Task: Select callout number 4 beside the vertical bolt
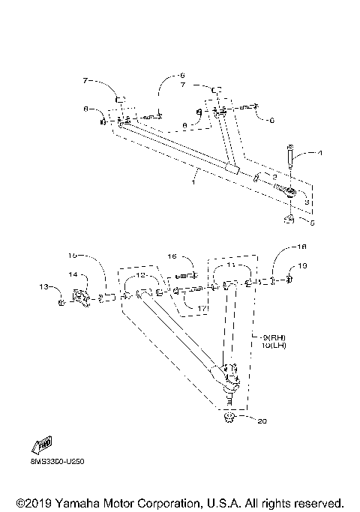320,154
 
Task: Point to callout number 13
43,286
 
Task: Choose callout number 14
73,275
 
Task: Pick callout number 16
171,256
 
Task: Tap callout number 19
302,286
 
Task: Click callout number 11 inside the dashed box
231,266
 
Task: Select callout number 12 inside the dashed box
140,276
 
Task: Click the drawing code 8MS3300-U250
58,463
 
